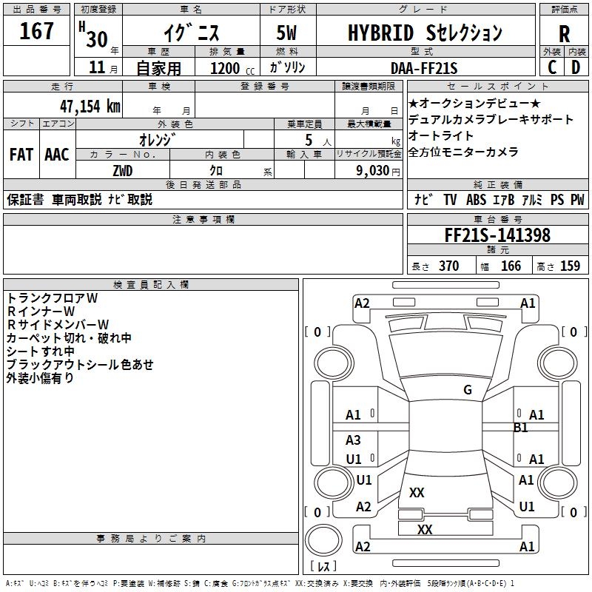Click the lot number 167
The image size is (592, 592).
36,31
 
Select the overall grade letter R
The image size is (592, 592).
564,34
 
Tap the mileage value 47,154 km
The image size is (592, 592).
90,107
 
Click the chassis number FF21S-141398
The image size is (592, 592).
497,235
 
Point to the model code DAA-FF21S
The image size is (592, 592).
424,68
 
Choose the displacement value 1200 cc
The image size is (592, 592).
232,68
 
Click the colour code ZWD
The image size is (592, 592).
123,171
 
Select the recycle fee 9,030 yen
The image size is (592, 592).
378,171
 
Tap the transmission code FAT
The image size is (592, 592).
21,155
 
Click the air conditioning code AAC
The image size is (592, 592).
57,155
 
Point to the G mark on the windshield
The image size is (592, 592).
468,389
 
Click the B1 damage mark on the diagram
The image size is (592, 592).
521,428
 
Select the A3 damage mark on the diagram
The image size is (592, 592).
353,440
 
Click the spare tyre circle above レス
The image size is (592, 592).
323,540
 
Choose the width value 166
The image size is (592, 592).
511,266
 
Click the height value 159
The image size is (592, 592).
570,266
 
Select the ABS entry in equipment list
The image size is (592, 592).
476,200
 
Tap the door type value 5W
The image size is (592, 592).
286,33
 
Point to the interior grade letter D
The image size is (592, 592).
576,67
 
